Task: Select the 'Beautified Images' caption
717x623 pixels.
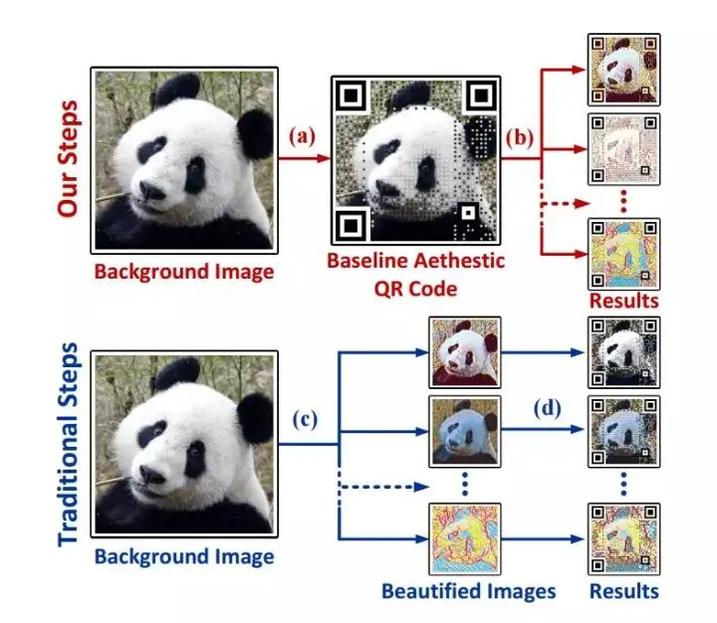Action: point(468,591)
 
